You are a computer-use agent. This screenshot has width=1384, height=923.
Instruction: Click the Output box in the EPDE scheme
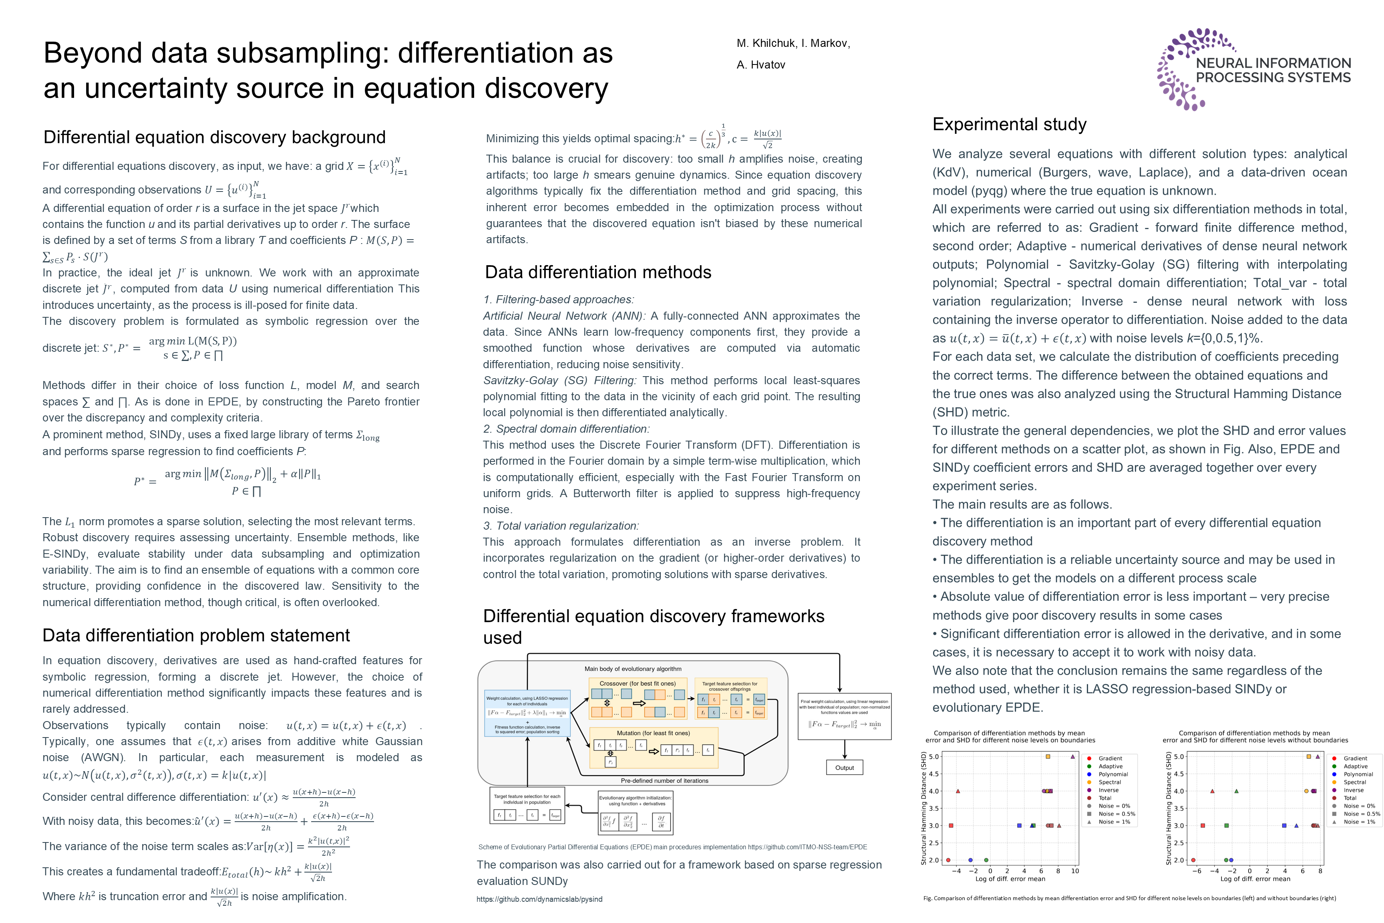tap(845, 768)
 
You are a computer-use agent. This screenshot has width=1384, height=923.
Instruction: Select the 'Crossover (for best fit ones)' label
tap(637, 683)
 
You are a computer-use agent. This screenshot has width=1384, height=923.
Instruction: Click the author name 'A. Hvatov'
tap(761, 65)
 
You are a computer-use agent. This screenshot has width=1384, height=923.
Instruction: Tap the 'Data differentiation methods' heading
tap(598, 272)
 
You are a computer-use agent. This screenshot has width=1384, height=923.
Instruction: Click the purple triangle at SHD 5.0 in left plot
tap(1073, 756)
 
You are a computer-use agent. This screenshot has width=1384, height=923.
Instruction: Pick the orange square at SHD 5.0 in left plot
tap(1048, 756)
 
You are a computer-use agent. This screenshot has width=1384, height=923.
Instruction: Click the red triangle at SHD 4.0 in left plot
tap(958, 791)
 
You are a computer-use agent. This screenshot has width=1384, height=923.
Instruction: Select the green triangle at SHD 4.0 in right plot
tap(1236, 791)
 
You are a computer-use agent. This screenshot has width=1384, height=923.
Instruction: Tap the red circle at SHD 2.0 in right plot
tap(1193, 860)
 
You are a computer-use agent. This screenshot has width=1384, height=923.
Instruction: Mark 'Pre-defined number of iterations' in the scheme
tap(664, 780)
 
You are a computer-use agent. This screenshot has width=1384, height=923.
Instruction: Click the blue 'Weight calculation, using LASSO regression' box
tap(527, 713)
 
